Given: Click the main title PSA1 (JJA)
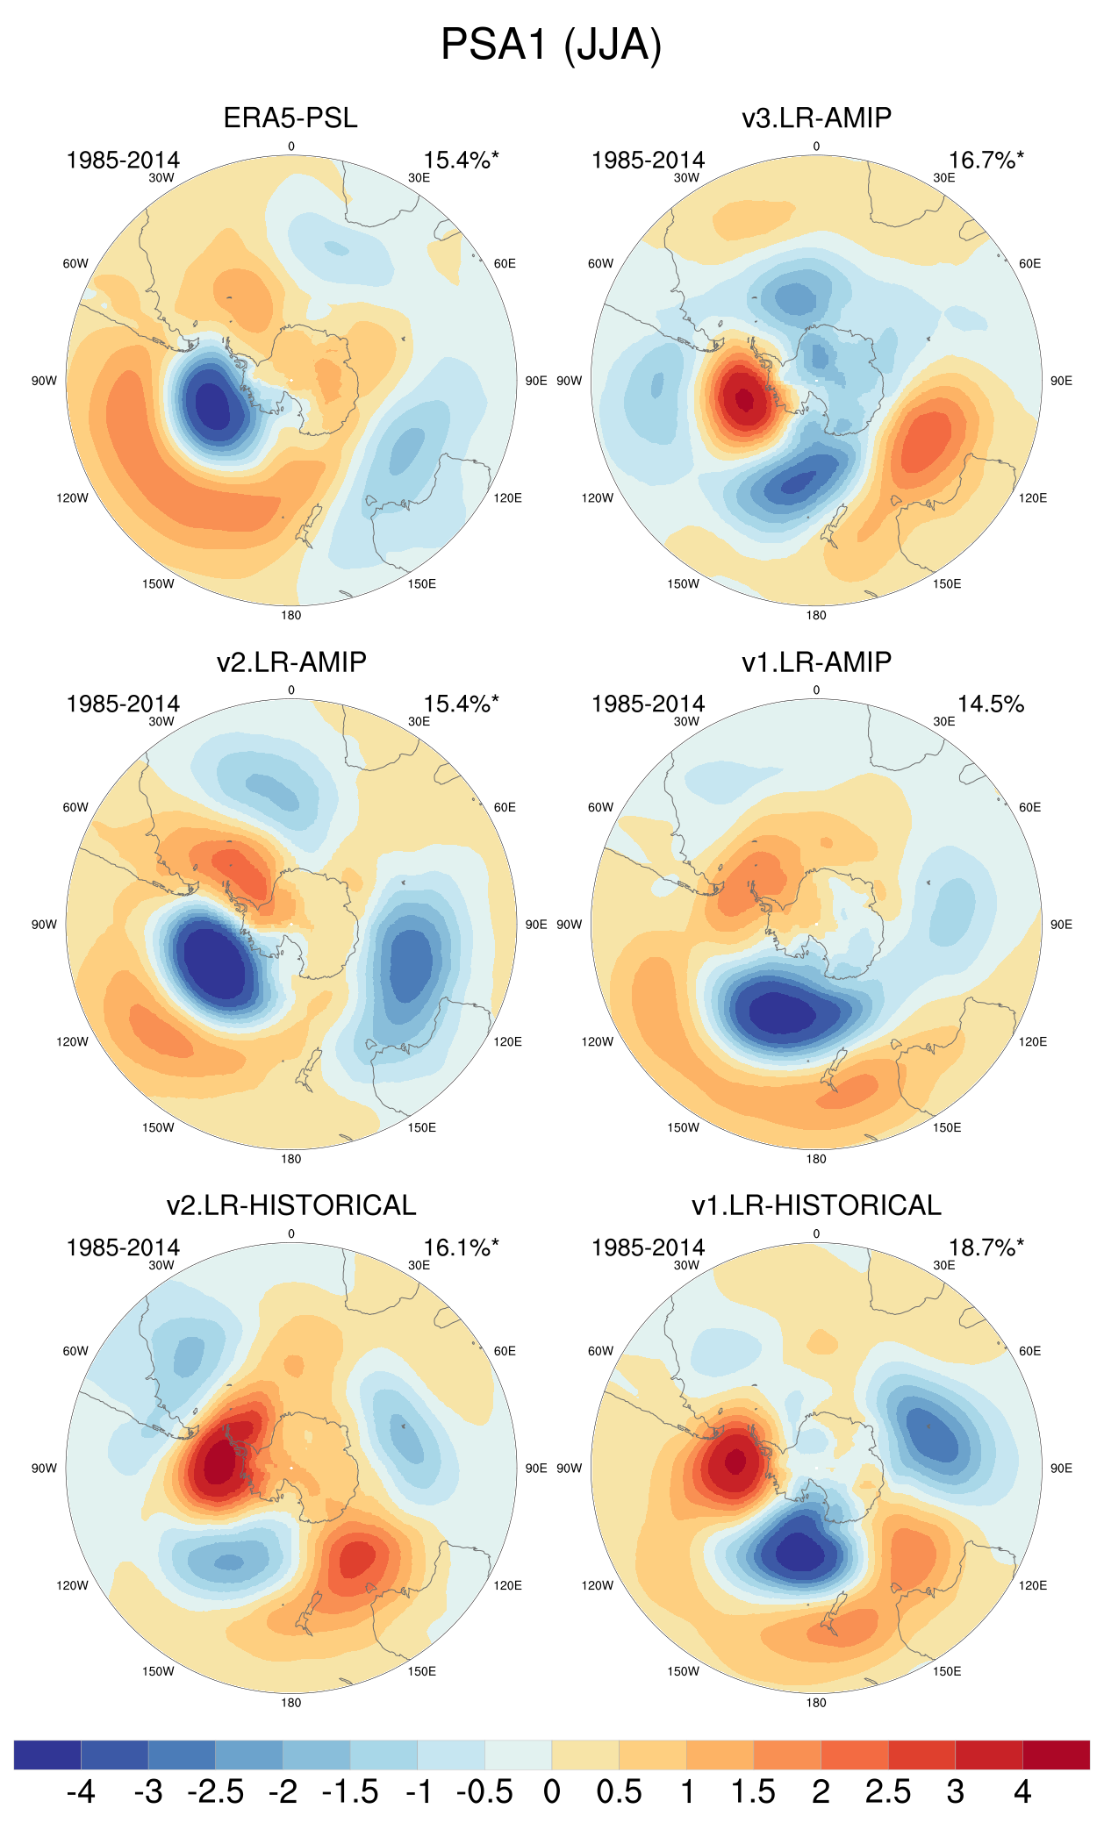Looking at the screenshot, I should click(x=551, y=44).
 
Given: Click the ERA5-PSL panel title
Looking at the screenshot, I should click(x=290, y=118).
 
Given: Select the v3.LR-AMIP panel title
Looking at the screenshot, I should click(x=816, y=118).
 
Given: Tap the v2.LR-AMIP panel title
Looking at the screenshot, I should click(x=290, y=661).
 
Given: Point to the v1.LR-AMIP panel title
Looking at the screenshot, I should click(x=816, y=661).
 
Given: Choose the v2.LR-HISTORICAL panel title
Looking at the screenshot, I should click(x=290, y=1205).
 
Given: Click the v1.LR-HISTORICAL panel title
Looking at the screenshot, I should click(x=816, y=1205).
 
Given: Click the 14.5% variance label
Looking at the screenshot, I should click(x=990, y=704).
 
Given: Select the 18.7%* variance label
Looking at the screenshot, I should click(x=986, y=1247).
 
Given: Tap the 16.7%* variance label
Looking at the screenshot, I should click(x=986, y=161).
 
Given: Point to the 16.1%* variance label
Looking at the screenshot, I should click(x=461, y=1247).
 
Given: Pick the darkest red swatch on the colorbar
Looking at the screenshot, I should click(x=1056, y=1755).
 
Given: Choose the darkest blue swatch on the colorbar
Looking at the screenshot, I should click(x=47, y=1755).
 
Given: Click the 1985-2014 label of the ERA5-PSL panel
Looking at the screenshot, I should click(x=123, y=161).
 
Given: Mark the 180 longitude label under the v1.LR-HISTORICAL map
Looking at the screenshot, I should click(x=816, y=1703).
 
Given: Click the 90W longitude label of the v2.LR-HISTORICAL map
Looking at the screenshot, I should click(x=44, y=1469).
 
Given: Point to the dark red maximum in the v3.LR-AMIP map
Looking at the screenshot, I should click(x=744, y=400).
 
